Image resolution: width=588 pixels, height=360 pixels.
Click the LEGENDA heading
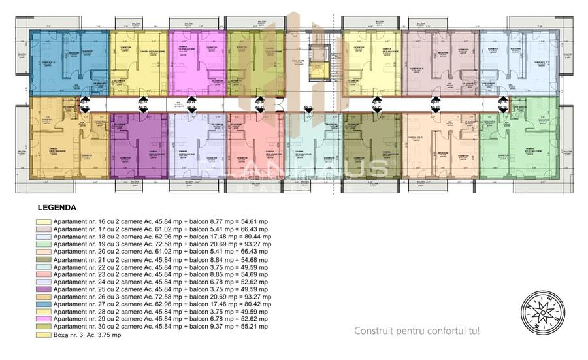tap(57, 207)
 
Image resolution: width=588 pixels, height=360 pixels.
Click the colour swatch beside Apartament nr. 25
tap(44, 289)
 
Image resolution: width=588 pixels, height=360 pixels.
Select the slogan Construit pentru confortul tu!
tap(416, 331)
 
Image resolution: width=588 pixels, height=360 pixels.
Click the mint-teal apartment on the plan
tap(313, 144)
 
